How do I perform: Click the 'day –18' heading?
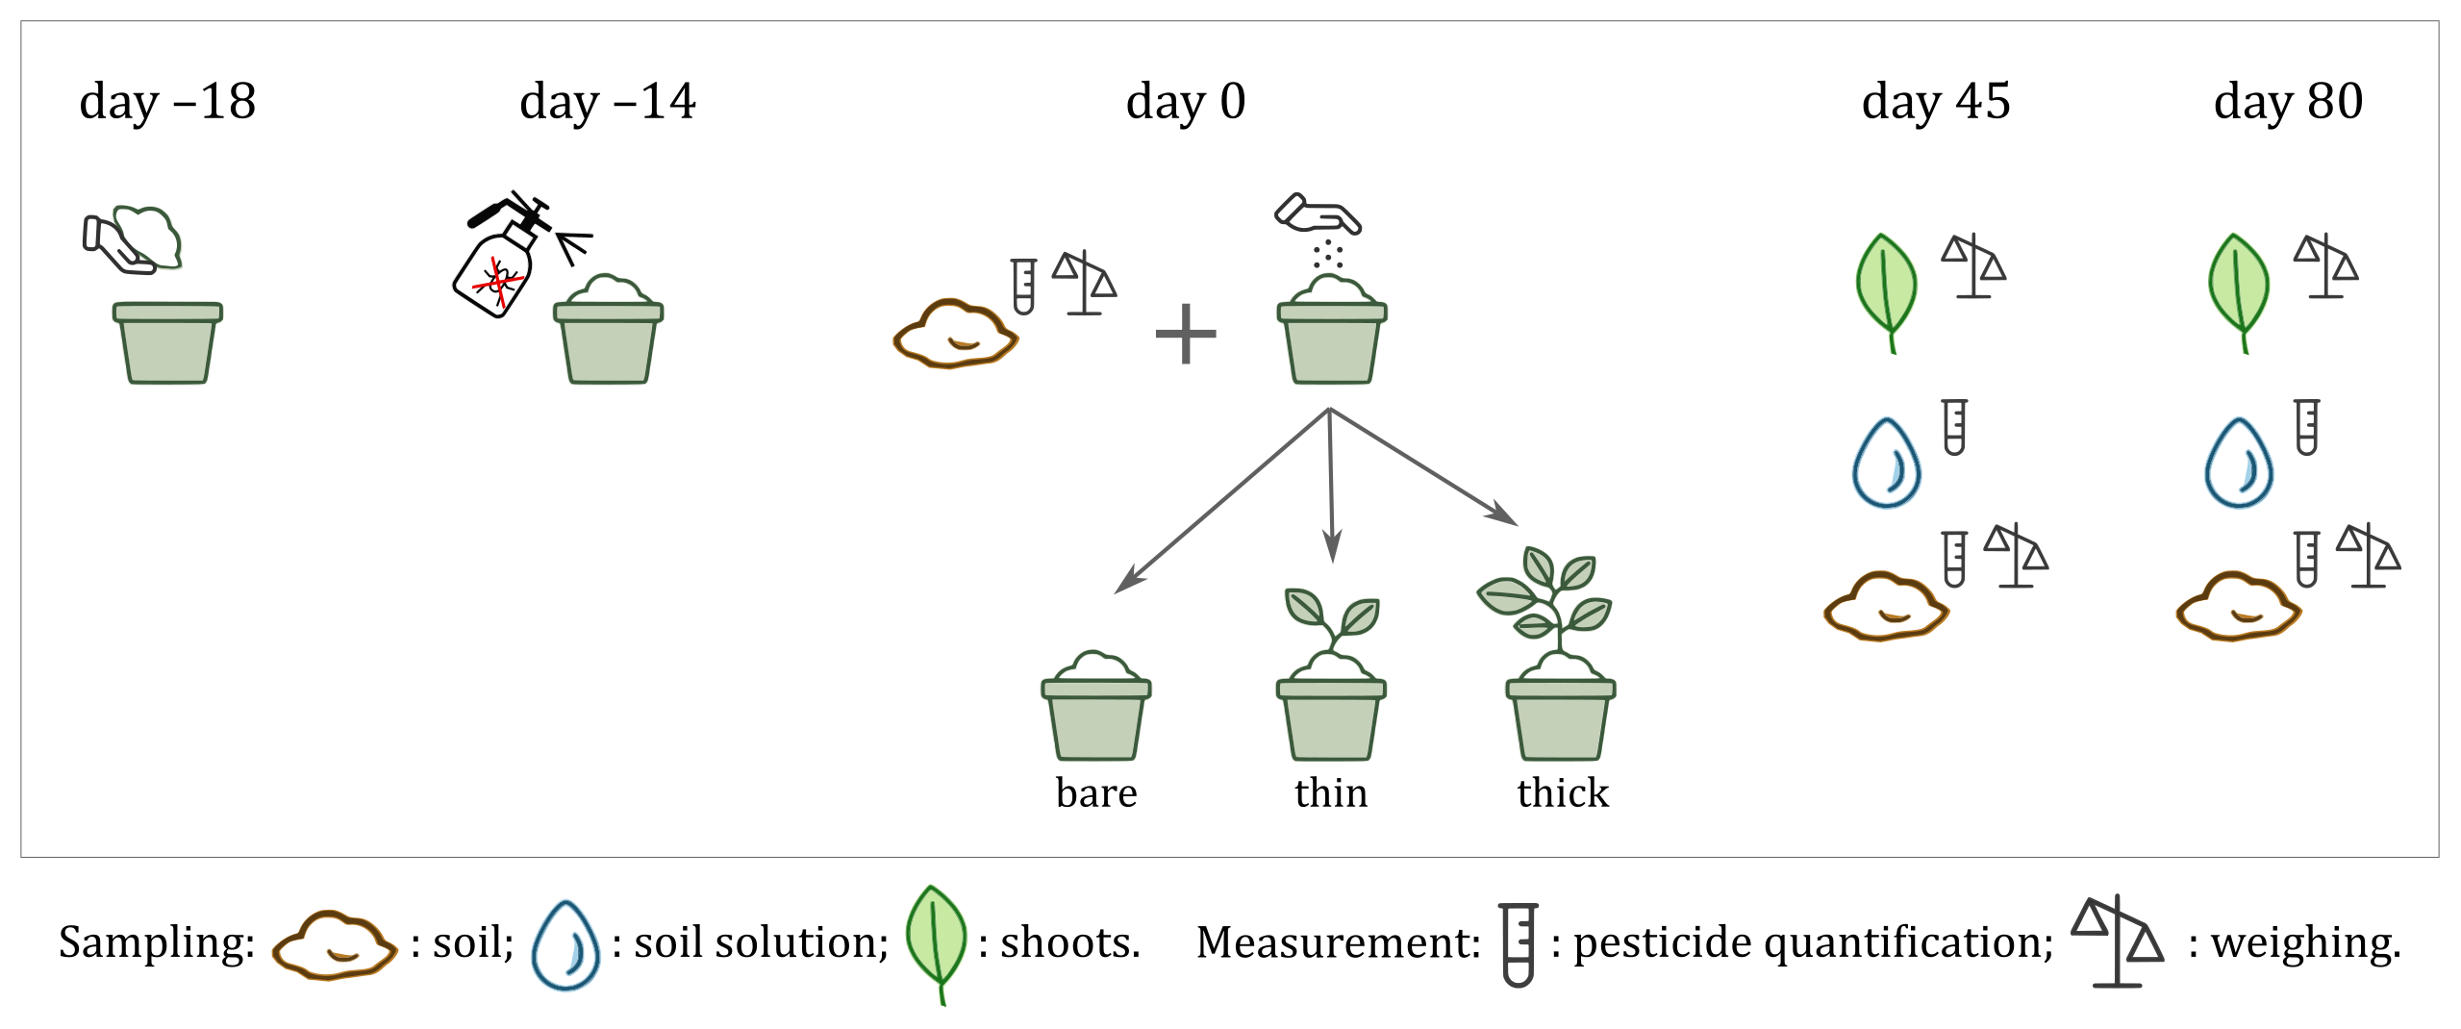pos(167,102)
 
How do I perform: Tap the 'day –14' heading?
pos(607,102)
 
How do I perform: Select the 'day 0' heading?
pos(1185,102)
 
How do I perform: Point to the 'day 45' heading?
pos(1935,102)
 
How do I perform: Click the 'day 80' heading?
pos(2288,102)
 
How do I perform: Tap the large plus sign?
pos(1185,335)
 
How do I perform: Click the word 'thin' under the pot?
pos(1330,793)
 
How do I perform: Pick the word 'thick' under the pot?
pos(1562,793)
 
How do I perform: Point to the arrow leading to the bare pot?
pos(1221,501)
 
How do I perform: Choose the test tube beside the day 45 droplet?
pos(1954,427)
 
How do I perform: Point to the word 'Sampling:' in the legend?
pos(157,942)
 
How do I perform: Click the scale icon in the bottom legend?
pos(2117,942)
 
